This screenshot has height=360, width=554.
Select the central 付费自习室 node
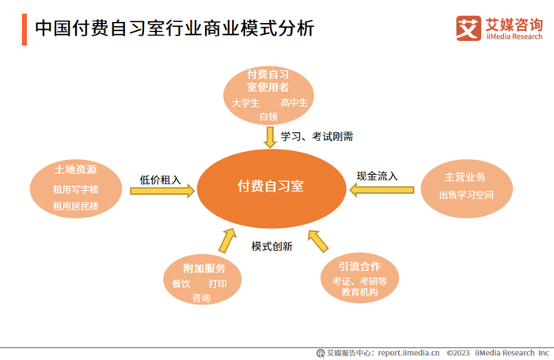(270, 187)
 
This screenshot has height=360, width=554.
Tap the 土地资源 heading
(75, 171)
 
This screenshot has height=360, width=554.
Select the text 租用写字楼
(75, 190)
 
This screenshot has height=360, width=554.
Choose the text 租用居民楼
(75, 206)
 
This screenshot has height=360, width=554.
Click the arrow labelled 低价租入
(161, 191)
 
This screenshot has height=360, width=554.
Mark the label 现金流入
(377, 176)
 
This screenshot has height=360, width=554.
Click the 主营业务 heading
(465, 176)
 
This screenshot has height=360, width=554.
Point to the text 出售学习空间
(466, 195)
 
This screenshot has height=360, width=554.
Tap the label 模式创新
(271, 246)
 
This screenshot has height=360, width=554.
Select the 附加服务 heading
(203, 267)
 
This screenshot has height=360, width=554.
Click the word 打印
(218, 284)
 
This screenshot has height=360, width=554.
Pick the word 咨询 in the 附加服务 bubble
(201, 298)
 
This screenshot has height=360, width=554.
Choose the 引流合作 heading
(359, 267)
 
